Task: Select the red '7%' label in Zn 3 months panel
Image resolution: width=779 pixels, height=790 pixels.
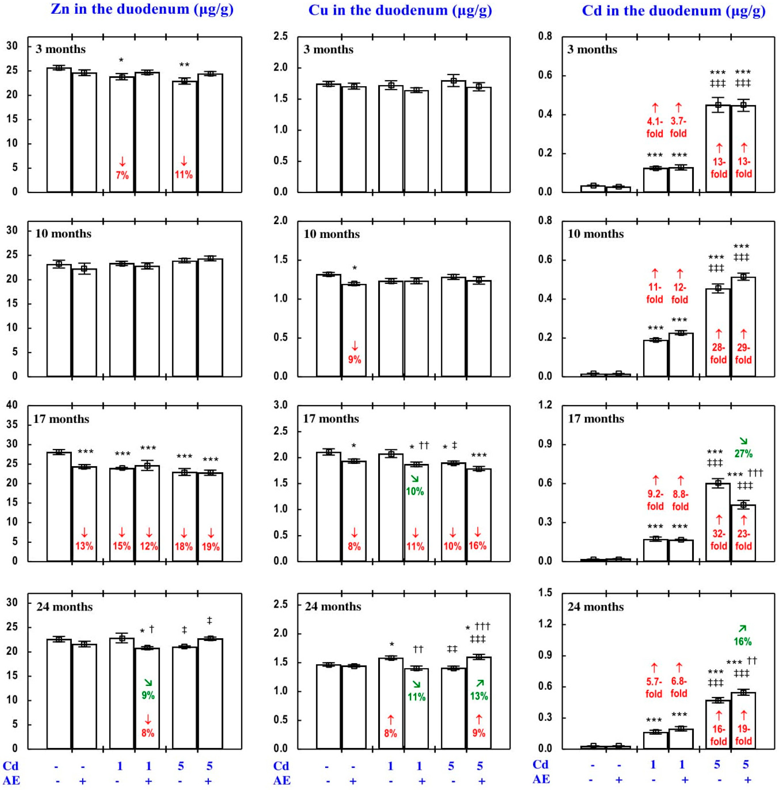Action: click(122, 175)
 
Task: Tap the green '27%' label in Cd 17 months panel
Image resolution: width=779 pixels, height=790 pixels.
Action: click(743, 454)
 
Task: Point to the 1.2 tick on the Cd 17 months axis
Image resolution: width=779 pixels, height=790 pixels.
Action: click(544, 405)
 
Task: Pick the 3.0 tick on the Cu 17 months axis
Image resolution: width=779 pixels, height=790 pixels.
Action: click(281, 405)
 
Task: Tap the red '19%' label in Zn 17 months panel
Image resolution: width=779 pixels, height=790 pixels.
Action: click(211, 546)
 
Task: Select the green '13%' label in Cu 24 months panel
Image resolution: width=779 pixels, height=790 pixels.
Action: click(479, 696)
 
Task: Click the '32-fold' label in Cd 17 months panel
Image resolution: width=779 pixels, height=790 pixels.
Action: click(718, 540)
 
